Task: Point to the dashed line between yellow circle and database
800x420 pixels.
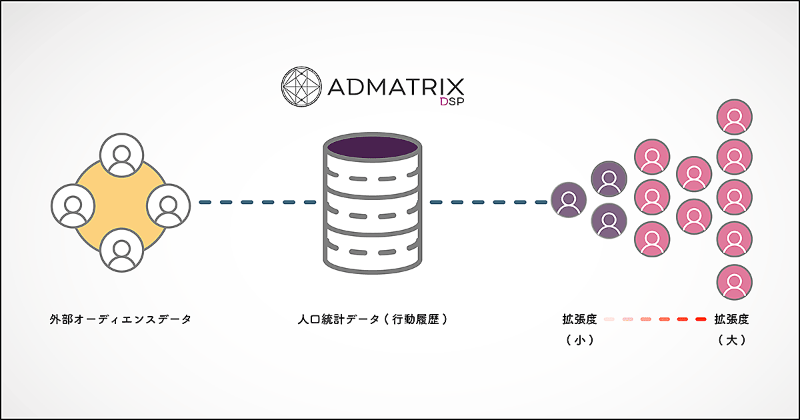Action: coord(257,202)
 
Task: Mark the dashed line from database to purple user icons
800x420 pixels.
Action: coord(488,202)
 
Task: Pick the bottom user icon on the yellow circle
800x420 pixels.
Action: coord(121,251)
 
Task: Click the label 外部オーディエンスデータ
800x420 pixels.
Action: coord(121,319)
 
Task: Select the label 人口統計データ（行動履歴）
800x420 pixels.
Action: coord(372,319)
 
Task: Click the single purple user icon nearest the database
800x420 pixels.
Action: coord(569,201)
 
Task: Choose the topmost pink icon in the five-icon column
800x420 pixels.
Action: coord(735,118)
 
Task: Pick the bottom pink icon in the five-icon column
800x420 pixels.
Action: coord(735,283)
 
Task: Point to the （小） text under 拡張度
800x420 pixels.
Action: coord(579,340)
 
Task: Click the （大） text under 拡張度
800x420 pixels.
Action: coord(731,340)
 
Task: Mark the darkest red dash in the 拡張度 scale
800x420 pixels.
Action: coord(700,320)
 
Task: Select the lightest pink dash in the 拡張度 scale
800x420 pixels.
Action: coord(609,320)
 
